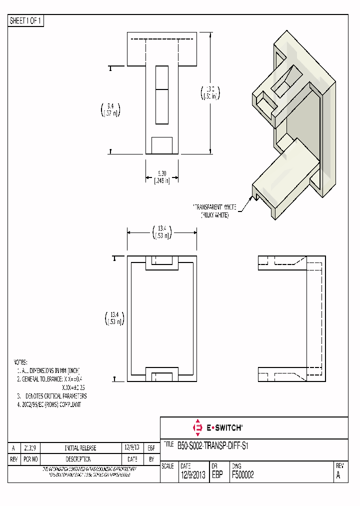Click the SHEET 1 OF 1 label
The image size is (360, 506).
(x=26, y=21)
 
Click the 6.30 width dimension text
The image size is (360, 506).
(x=161, y=177)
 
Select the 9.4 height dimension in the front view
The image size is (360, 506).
(x=110, y=109)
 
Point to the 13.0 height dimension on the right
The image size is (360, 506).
(x=209, y=93)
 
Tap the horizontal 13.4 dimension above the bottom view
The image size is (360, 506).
(x=161, y=232)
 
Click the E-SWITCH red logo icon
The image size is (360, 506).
(x=196, y=427)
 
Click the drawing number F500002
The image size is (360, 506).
(x=242, y=475)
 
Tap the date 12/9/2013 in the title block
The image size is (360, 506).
(x=192, y=475)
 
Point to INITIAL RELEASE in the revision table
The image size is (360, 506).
(x=80, y=448)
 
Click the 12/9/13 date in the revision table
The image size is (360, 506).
(x=132, y=447)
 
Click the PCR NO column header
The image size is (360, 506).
(x=30, y=459)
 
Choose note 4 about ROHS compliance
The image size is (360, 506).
(x=48, y=404)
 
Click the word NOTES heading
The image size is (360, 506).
(x=20, y=361)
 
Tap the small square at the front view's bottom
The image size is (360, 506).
(x=161, y=145)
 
